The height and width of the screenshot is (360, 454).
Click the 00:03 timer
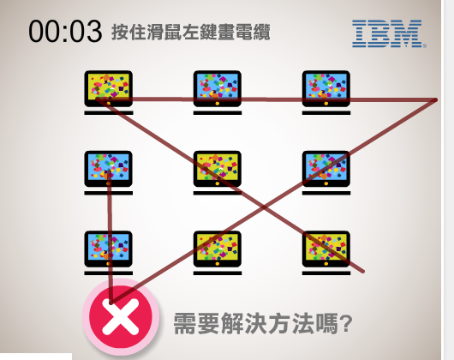65,31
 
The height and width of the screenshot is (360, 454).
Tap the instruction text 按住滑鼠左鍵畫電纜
191,32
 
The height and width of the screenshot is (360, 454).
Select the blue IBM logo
389,33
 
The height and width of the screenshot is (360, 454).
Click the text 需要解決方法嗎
255,323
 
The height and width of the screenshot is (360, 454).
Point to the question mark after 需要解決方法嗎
346,323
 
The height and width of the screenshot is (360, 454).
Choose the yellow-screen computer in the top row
109,93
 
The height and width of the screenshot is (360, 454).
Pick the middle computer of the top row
218,93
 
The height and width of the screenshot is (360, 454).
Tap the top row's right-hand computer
326,93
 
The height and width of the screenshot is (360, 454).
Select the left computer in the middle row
109,172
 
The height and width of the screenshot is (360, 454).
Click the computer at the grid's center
218,172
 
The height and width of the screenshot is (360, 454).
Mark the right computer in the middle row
326,172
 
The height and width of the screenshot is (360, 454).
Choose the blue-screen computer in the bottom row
109,253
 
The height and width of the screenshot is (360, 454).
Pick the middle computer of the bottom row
218,253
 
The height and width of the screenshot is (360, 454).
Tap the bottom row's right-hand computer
326,253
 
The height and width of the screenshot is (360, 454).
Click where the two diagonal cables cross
264,207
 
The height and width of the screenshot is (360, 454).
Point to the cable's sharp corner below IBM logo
435,100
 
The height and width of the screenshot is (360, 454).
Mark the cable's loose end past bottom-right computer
363,272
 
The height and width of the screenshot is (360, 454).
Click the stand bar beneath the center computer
218,193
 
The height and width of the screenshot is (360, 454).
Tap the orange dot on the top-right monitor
326,104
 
